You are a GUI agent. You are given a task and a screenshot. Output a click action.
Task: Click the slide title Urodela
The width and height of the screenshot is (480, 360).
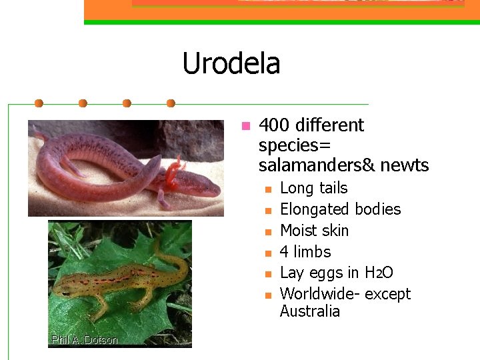coord(231,64)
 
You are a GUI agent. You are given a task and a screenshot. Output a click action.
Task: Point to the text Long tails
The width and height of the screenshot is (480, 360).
coord(313,188)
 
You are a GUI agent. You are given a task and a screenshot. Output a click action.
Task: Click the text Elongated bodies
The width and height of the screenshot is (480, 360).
coord(340,209)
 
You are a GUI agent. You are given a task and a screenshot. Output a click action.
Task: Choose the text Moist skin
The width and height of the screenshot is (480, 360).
coord(314,231)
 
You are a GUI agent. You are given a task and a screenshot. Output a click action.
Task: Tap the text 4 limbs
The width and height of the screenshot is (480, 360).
coord(305,252)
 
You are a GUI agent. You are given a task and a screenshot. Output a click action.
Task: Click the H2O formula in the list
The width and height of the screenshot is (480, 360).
coord(379,273)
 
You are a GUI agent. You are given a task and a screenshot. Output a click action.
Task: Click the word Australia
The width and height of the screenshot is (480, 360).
coord(309,311)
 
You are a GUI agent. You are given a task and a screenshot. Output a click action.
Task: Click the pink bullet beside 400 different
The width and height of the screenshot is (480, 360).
coord(245,125)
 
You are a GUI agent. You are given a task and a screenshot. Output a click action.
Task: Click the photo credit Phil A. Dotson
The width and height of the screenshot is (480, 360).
coord(84,341)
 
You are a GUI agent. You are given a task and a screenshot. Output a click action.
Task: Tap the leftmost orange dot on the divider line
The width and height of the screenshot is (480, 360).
coord(39,103)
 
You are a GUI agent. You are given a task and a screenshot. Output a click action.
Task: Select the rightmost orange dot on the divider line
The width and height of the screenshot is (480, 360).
coord(171,103)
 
